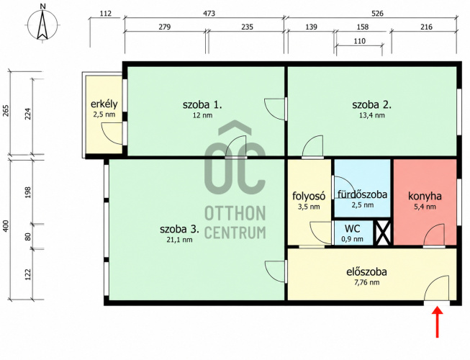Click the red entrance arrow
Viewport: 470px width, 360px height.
pyautogui.click(x=438, y=321)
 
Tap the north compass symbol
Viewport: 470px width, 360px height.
pyautogui.click(x=43, y=23)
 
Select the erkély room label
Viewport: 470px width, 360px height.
pyautogui.click(x=104, y=104)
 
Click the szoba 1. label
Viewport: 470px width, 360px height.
pyautogui.click(x=202, y=105)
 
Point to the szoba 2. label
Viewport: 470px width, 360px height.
pyautogui.click(x=371, y=105)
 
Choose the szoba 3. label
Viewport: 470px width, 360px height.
pyautogui.click(x=179, y=229)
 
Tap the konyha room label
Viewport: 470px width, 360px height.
pyautogui.click(x=425, y=197)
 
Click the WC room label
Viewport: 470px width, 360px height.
pyautogui.click(x=353, y=229)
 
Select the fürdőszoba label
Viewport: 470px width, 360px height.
pyautogui.click(x=362, y=194)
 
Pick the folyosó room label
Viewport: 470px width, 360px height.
pyautogui.click(x=309, y=196)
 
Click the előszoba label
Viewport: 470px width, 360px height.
pyautogui.click(x=366, y=272)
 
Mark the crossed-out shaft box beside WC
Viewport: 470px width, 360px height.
pyautogui.click(x=384, y=233)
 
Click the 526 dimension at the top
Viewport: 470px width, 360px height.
pyautogui.click(x=377, y=14)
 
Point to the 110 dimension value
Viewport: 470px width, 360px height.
pyautogui.click(x=359, y=41)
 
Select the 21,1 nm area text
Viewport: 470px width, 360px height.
pyautogui.click(x=179, y=240)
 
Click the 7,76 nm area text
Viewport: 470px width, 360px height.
pyautogui.click(x=366, y=282)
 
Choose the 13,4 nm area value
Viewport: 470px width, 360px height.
pyautogui.click(x=371, y=115)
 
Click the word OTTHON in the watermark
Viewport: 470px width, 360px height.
pyautogui.click(x=235, y=213)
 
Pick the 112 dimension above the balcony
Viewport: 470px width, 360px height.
pyautogui.click(x=106, y=14)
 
